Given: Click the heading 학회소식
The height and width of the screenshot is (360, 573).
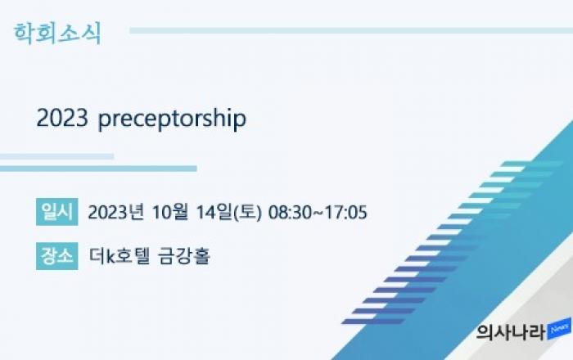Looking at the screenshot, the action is [x=57, y=34].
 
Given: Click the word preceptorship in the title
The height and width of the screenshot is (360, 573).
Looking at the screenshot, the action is [x=172, y=119].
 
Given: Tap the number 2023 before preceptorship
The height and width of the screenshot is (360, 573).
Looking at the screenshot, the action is [x=62, y=118].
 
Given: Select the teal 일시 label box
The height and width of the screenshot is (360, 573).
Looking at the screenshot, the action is [x=57, y=212].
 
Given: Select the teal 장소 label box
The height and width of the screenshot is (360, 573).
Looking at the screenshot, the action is [x=57, y=256].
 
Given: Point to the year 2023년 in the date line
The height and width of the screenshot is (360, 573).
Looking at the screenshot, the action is [x=116, y=212].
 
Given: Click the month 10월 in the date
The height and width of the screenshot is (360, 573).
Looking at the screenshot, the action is [x=170, y=212].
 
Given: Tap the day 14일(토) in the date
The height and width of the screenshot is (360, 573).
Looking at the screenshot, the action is [x=229, y=212].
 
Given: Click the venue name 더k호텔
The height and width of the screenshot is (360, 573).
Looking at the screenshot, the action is [x=120, y=255].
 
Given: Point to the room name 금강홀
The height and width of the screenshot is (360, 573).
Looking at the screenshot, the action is [x=184, y=255].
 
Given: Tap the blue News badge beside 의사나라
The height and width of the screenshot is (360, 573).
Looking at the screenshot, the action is [x=559, y=329].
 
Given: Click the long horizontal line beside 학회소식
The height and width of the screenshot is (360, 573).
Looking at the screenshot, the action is [x=351, y=30].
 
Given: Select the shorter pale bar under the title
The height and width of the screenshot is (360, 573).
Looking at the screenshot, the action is [x=56, y=156].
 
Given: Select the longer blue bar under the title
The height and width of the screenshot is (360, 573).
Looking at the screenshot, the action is [x=98, y=169].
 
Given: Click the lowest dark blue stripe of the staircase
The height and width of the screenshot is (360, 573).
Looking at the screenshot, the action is [x=373, y=322].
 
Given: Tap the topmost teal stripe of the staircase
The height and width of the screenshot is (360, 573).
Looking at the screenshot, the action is [x=532, y=164].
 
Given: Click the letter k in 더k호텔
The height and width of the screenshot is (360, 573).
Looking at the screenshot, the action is [x=111, y=256].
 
